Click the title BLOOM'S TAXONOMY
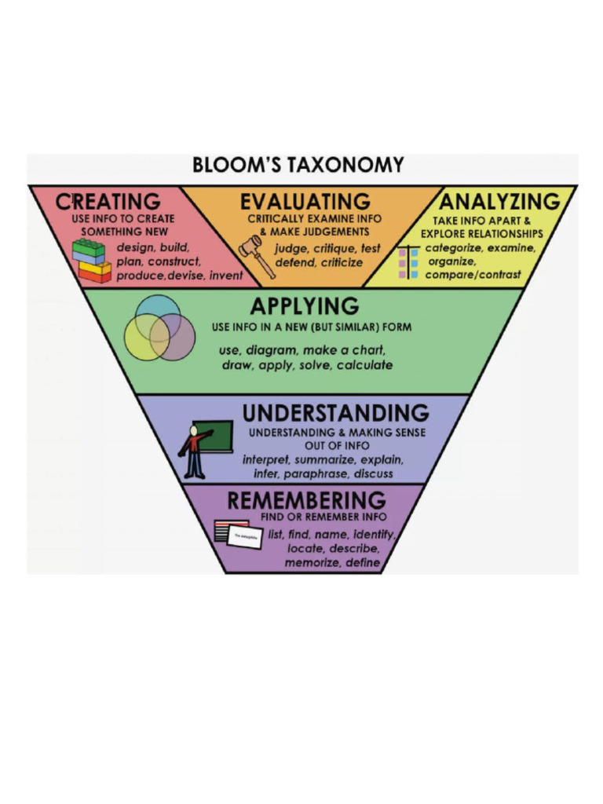point(298,166)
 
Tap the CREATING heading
point(108,201)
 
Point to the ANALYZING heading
point(499,201)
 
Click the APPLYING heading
point(305,305)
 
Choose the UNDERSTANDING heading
point(335,413)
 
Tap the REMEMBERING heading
point(306,500)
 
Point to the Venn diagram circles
point(159,328)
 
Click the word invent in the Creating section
point(226,276)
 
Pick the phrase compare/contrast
point(473,275)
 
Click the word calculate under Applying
point(365,365)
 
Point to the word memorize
point(311,563)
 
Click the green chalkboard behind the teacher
point(215,435)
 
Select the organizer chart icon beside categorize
point(408,263)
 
